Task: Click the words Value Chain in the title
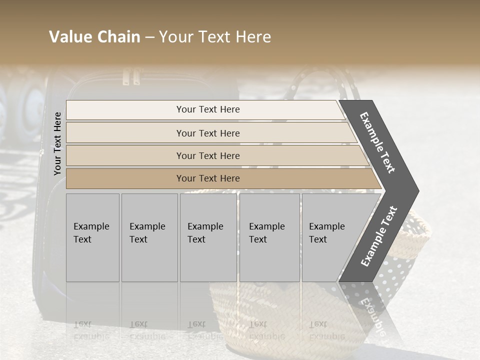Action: (94, 37)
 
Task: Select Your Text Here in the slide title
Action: (215, 37)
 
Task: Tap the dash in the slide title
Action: (149, 37)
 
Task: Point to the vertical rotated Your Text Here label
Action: (58, 143)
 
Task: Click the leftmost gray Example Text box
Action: (92, 237)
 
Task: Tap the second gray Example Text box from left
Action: (149, 237)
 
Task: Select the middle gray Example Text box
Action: (208, 237)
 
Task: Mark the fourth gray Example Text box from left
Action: (269, 237)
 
